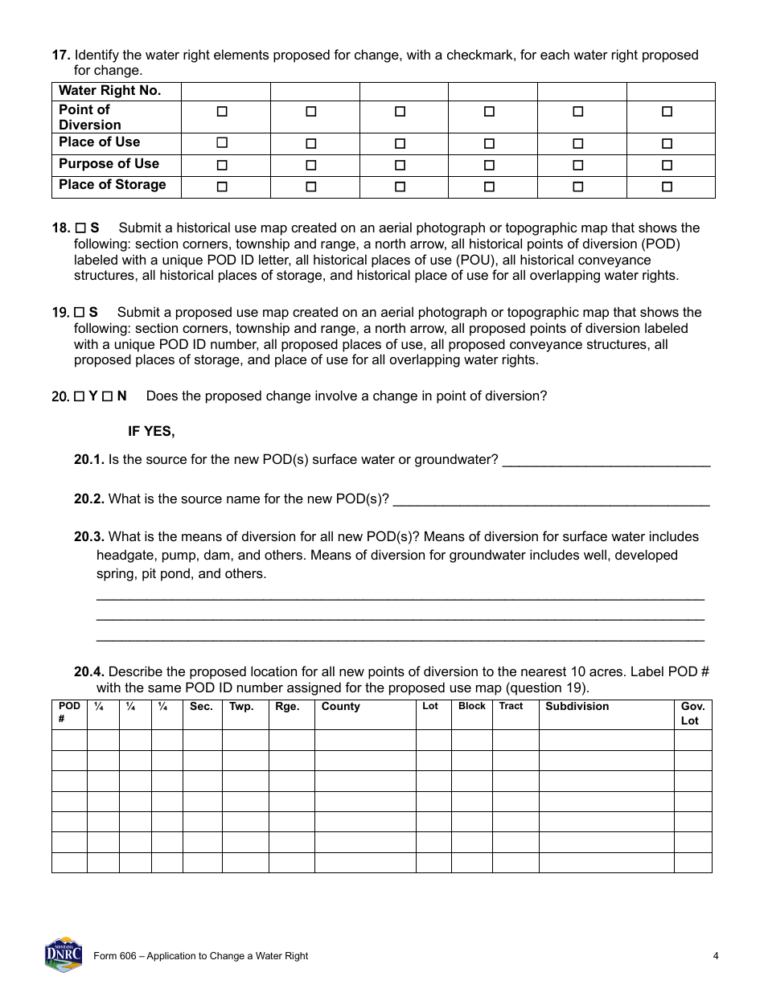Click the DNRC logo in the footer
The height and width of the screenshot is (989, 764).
click(64, 954)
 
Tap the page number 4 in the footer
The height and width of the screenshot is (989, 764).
click(715, 956)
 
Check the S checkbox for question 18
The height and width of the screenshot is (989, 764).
click(80, 228)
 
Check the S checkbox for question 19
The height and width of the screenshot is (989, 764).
click(80, 313)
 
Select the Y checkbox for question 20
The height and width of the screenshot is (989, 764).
click(80, 396)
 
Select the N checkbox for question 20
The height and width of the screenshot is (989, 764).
click(107, 396)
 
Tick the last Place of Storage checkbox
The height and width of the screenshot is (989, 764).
click(667, 187)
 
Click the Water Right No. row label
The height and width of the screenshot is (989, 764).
click(109, 91)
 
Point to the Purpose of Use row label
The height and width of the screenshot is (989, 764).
click(109, 164)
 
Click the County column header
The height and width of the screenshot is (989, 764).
click(340, 707)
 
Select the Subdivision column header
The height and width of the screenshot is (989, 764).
click(577, 707)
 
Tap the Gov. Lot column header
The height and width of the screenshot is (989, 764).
click(692, 713)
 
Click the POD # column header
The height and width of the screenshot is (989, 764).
click(69, 713)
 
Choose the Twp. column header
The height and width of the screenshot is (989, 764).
click(241, 707)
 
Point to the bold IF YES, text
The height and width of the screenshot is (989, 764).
click(151, 432)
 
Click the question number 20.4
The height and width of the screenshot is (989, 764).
click(89, 671)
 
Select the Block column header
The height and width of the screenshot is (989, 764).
click(472, 706)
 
